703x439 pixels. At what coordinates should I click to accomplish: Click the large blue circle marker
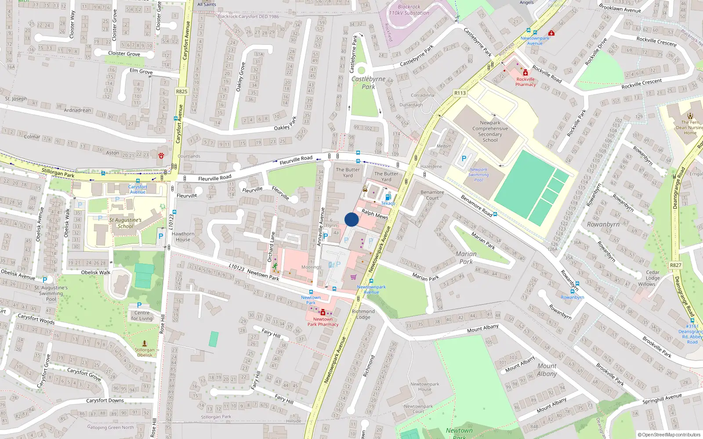pos(351,219)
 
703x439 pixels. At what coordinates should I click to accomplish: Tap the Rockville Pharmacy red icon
pos(525,73)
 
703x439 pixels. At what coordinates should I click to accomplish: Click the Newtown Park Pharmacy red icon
pos(323,313)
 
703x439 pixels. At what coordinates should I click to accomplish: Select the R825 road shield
pos(181,91)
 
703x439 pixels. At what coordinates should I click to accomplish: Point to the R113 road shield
pos(460,93)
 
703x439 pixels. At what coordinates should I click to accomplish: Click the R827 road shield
pos(676,265)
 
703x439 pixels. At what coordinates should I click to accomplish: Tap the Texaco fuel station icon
pos(388,197)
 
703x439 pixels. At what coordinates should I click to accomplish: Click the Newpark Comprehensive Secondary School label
pos(490,131)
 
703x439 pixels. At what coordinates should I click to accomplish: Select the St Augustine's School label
pos(125,223)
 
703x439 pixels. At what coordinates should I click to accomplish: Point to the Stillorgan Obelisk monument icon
pos(145,343)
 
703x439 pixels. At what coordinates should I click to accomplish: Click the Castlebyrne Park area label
pos(369,83)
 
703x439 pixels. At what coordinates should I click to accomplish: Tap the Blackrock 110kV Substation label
pos(409,10)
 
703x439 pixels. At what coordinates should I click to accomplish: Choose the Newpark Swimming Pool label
pos(478,174)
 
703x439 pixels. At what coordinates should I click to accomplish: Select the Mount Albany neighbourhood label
pos(547,370)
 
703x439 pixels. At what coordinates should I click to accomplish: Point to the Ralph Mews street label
pos(375,214)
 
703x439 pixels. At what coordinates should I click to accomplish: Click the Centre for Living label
pos(142,316)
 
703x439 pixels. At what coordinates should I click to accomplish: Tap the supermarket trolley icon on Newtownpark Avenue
pos(354,277)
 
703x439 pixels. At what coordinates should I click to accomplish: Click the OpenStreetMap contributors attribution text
pos(669,435)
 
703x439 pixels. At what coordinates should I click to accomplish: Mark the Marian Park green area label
pos(466,258)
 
